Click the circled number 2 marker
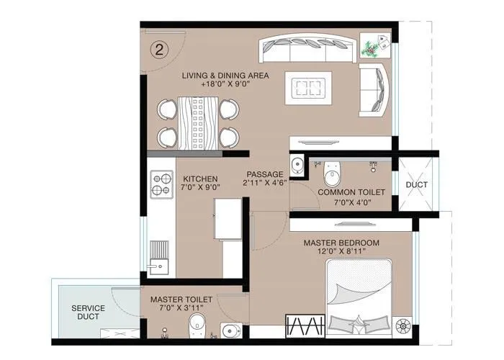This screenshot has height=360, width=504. [x=160, y=49]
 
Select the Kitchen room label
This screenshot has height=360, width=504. [x=201, y=179]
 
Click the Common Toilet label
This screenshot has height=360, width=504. [x=351, y=193]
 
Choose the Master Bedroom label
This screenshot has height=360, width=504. [x=341, y=243]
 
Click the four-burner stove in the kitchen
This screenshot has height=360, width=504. [x=161, y=184]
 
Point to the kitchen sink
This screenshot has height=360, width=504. [x=159, y=263]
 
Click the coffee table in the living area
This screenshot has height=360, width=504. [x=309, y=89]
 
